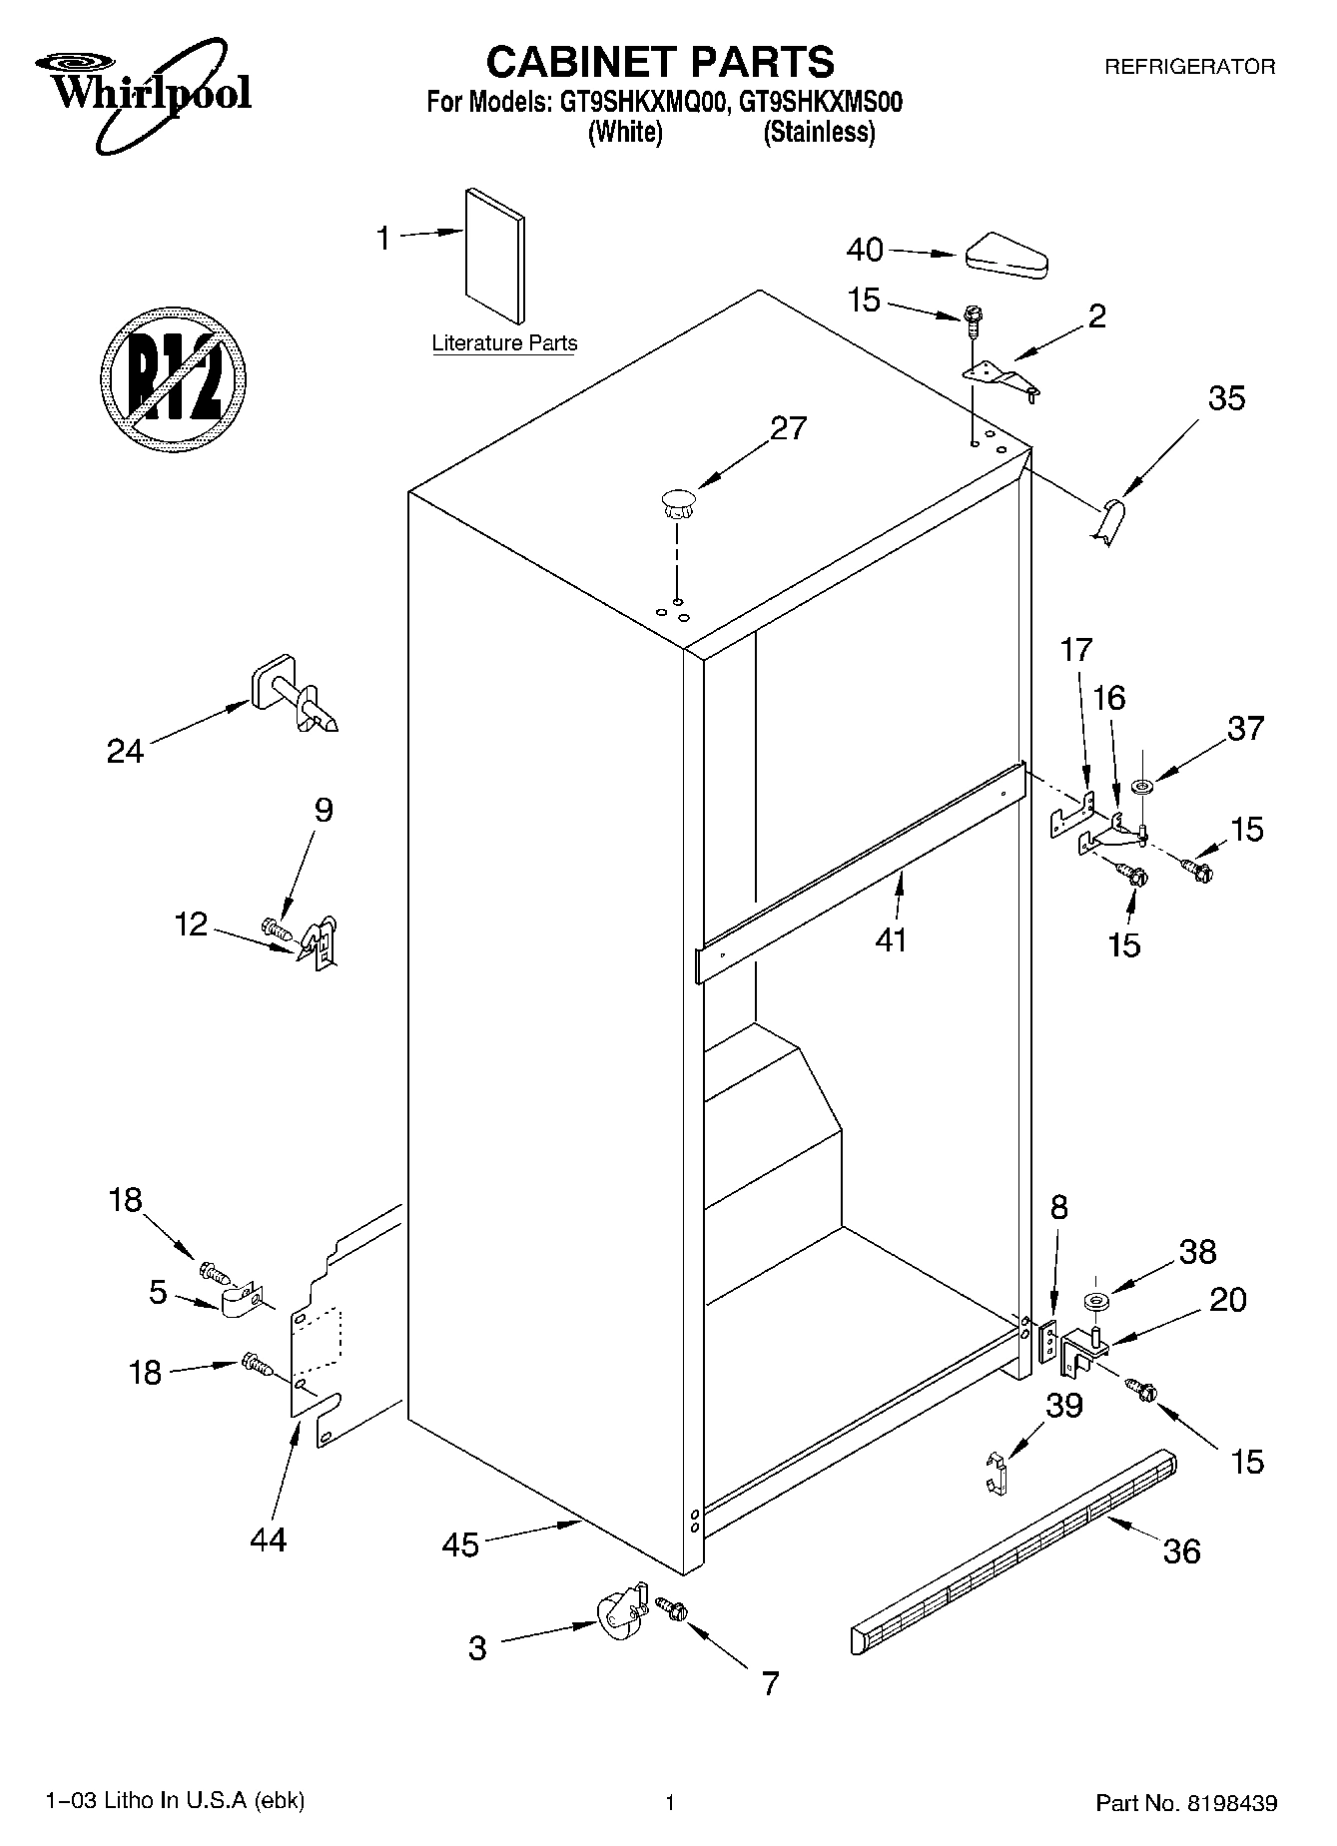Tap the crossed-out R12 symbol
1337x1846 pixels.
[174, 378]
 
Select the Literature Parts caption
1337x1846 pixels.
[504, 343]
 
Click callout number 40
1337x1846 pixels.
[865, 250]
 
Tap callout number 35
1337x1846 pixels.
[1226, 397]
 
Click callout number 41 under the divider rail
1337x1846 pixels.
[891, 939]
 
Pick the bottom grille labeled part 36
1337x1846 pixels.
[1013, 1551]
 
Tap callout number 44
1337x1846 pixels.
[268, 1538]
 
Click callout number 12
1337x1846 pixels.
[191, 924]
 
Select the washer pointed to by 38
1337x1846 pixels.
[1095, 1302]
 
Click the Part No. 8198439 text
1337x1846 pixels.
[1185, 1803]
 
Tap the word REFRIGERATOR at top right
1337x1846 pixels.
[1188, 68]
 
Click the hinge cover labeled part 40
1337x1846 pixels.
[1006, 256]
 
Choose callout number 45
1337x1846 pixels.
[460, 1545]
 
